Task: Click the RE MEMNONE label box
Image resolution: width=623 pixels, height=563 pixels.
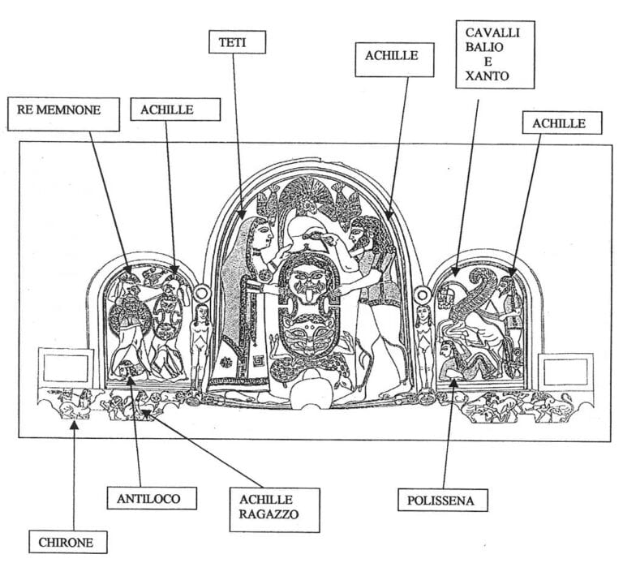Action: [63, 114]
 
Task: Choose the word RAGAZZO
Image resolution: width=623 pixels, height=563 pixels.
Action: [267, 514]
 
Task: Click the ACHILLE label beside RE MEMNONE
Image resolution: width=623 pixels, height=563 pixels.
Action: [167, 110]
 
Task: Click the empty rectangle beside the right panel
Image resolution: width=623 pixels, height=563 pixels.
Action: [566, 369]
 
